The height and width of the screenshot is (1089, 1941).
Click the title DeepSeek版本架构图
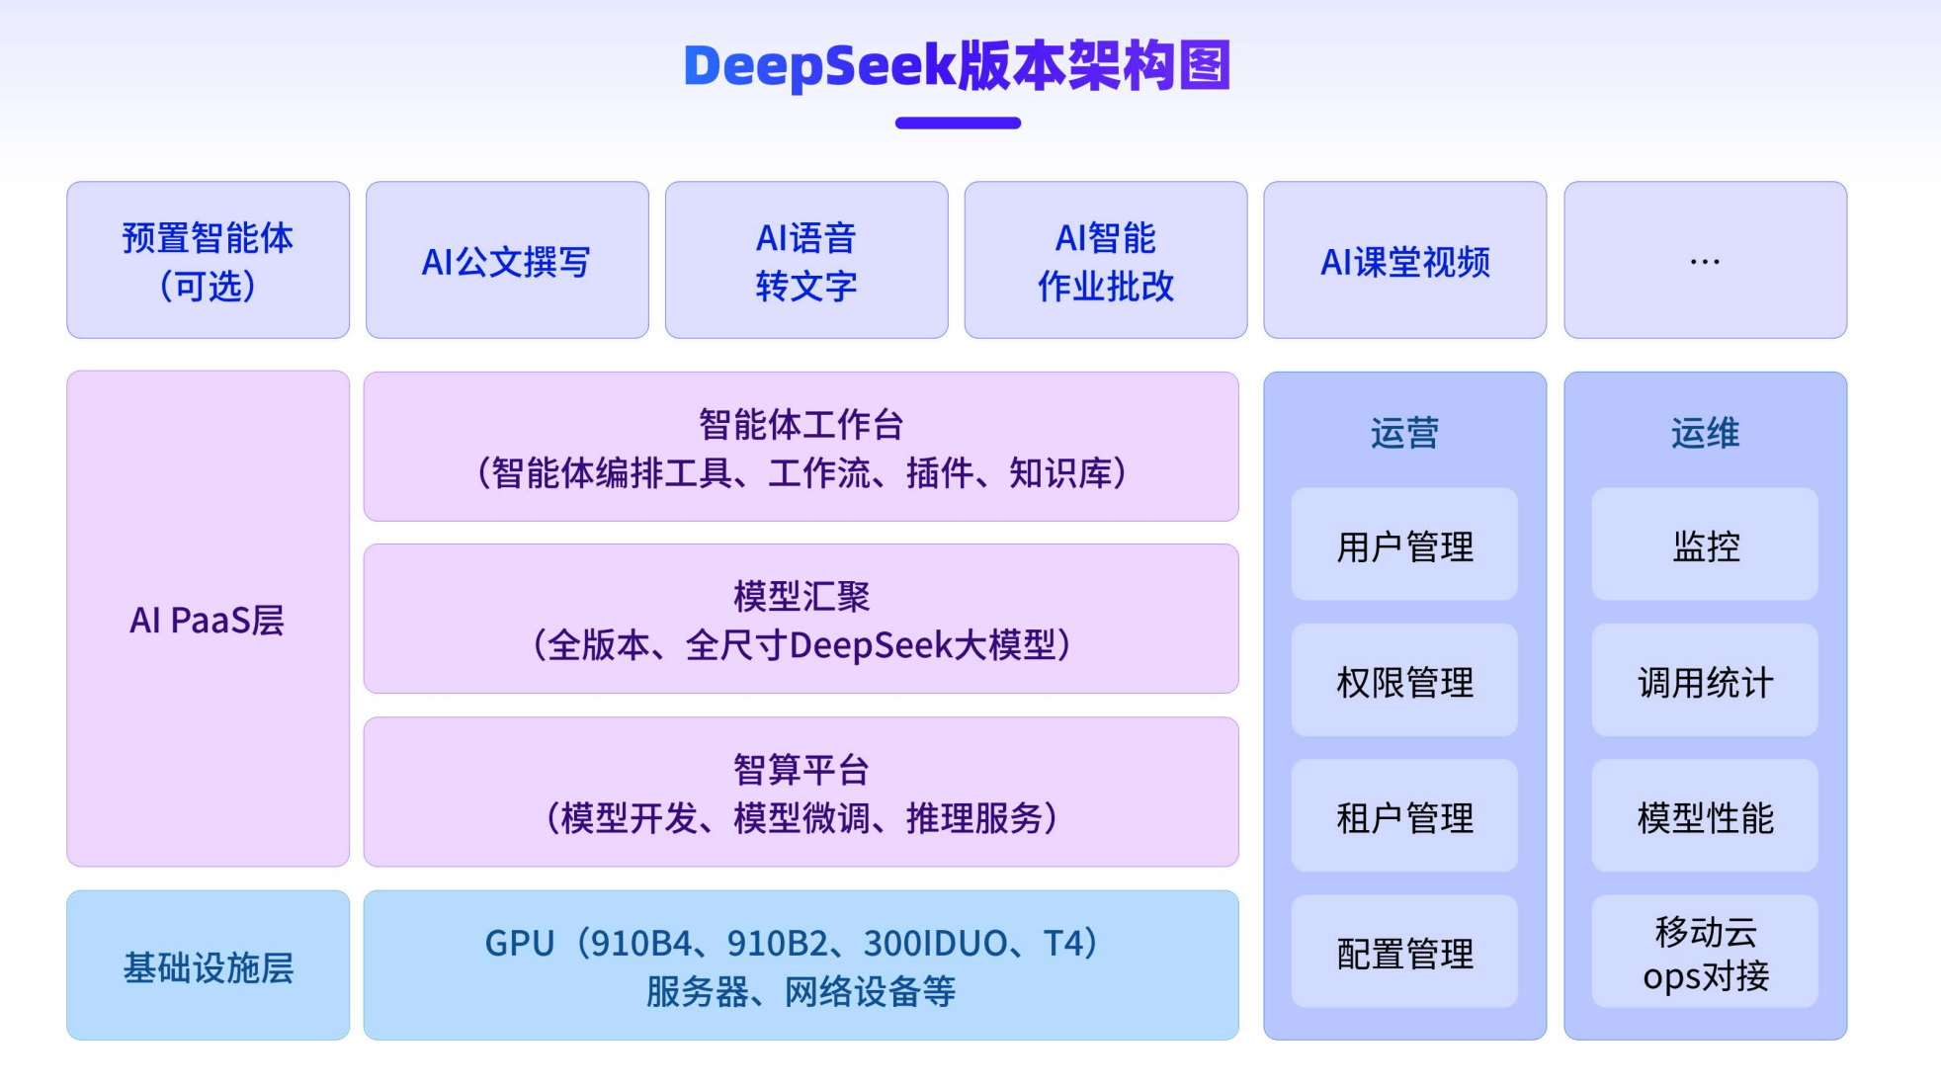(957, 66)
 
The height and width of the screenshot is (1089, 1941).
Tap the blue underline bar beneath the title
(958, 124)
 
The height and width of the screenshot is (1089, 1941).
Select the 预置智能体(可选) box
(208, 260)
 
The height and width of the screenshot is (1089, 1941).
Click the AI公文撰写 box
(507, 260)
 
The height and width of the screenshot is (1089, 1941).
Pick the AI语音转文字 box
(806, 260)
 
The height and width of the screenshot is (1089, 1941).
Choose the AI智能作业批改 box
(1105, 260)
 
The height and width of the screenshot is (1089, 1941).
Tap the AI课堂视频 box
(1404, 260)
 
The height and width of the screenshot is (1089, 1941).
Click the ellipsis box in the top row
(1705, 260)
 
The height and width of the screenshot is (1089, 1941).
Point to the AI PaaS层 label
(208, 620)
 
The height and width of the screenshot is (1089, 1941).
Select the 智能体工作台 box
(801, 447)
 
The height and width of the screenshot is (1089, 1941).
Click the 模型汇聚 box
(801, 619)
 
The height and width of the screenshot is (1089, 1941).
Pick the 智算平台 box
(801, 792)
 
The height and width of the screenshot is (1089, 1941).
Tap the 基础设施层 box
(208, 965)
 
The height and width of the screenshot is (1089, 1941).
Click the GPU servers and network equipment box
(801, 965)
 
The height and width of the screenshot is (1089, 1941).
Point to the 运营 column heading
(1404, 433)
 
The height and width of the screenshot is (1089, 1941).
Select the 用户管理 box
(1404, 544)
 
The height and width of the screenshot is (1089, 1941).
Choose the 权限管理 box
(1404, 681)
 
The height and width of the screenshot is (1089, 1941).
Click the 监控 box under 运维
(1705, 544)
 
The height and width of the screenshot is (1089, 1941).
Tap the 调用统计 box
(1705, 681)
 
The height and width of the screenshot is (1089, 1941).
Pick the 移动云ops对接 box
(1705, 952)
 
